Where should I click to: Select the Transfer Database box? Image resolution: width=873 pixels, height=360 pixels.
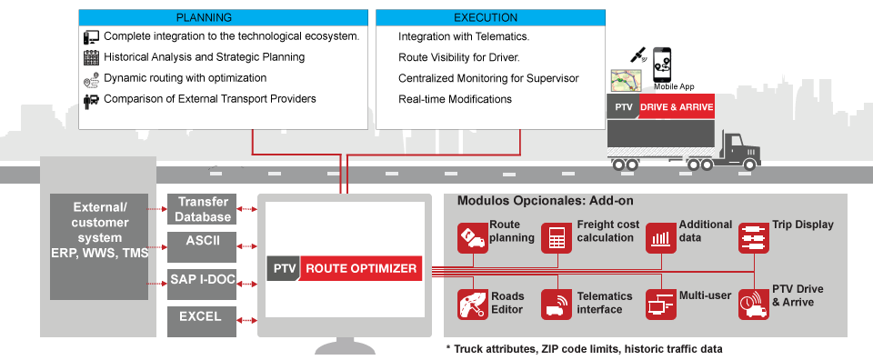[x=202, y=209]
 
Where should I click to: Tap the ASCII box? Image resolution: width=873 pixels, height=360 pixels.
[x=202, y=242]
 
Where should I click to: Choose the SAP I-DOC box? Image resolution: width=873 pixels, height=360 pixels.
[x=202, y=279]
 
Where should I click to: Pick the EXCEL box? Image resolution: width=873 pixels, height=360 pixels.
[x=202, y=317]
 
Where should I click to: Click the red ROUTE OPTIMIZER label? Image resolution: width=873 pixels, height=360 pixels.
[x=361, y=268]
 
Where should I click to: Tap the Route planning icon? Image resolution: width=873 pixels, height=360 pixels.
[x=472, y=238]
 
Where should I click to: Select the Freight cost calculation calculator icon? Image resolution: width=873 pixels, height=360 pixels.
[x=556, y=238]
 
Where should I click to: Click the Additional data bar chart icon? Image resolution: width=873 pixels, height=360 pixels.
[x=660, y=238]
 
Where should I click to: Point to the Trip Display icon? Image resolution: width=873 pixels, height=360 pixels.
[x=753, y=238]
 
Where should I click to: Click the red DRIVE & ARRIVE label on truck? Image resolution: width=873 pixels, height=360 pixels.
[x=676, y=107]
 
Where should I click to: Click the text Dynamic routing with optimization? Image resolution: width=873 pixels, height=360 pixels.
[x=185, y=78]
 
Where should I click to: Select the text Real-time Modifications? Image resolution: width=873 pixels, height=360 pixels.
[x=455, y=99]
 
